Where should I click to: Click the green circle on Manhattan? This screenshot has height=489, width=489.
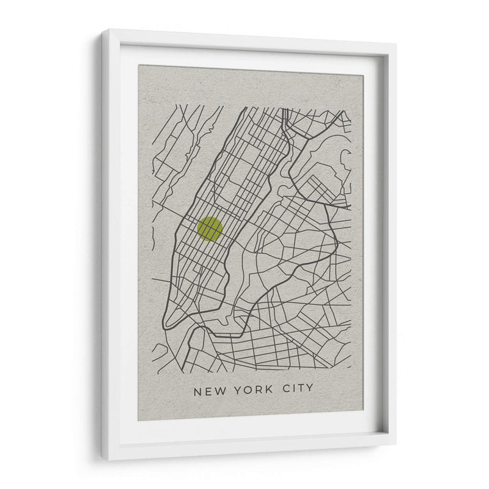(x=210, y=229)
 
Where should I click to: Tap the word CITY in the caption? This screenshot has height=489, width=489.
(x=298, y=388)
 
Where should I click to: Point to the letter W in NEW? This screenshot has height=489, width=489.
(x=217, y=389)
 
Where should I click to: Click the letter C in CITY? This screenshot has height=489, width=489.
(x=286, y=388)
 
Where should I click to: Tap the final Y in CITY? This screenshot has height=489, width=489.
(x=310, y=388)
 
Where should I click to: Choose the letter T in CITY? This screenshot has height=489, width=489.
(x=301, y=388)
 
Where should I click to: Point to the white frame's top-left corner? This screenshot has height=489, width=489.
(x=103, y=30)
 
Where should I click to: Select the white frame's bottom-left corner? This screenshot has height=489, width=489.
(x=103, y=460)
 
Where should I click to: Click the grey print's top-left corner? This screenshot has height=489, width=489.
(x=138, y=65)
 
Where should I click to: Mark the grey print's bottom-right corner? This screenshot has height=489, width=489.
(x=362, y=410)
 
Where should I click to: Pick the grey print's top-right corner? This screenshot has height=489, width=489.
(x=362, y=75)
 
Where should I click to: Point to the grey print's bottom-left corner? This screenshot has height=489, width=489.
(x=138, y=421)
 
